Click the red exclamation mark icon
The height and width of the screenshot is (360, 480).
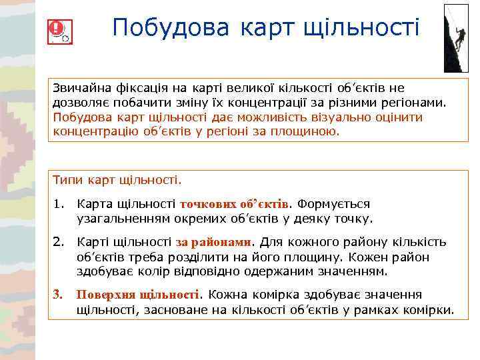point(57,29)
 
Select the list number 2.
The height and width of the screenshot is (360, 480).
point(58,243)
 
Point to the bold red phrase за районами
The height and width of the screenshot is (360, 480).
point(214,243)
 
